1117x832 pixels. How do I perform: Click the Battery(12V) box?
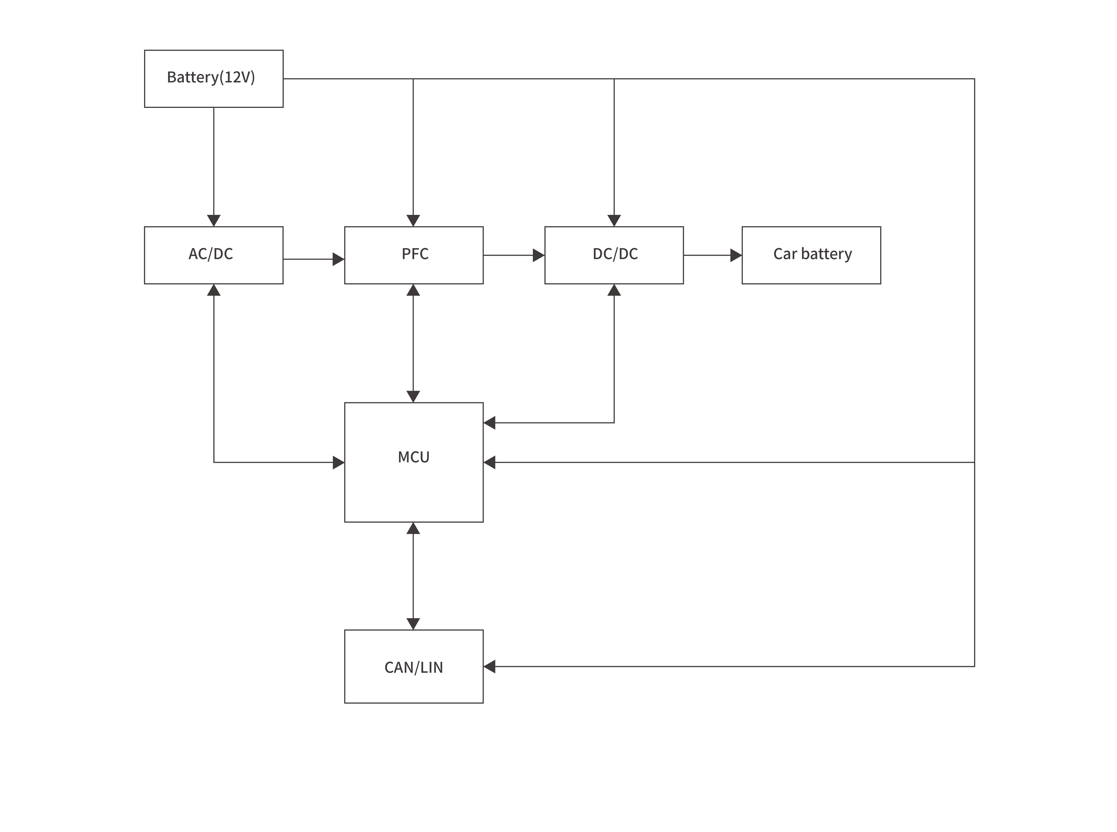tap(214, 79)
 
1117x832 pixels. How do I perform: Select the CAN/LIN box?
tap(414, 666)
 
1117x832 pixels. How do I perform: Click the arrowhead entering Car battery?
tap(736, 255)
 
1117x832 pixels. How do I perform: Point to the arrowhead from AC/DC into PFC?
tap(338, 259)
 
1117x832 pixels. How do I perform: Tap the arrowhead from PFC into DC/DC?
tap(538, 255)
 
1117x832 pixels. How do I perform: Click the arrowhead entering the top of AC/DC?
tap(214, 221)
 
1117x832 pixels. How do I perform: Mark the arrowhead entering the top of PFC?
tap(413, 221)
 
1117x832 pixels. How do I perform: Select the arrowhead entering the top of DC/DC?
tap(614, 221)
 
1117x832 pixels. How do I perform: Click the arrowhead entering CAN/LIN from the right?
tap(489, 666)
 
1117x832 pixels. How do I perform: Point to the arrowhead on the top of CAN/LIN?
tap(413, 623)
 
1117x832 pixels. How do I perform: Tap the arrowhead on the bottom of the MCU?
tap(413, 528)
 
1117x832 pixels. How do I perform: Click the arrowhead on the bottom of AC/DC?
tap(214, 290)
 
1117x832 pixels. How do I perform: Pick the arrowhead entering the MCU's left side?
tap(338, 462)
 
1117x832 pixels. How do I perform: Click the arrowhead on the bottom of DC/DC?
tap(614, 290)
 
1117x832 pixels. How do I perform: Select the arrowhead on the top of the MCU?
tap(413, 396)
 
